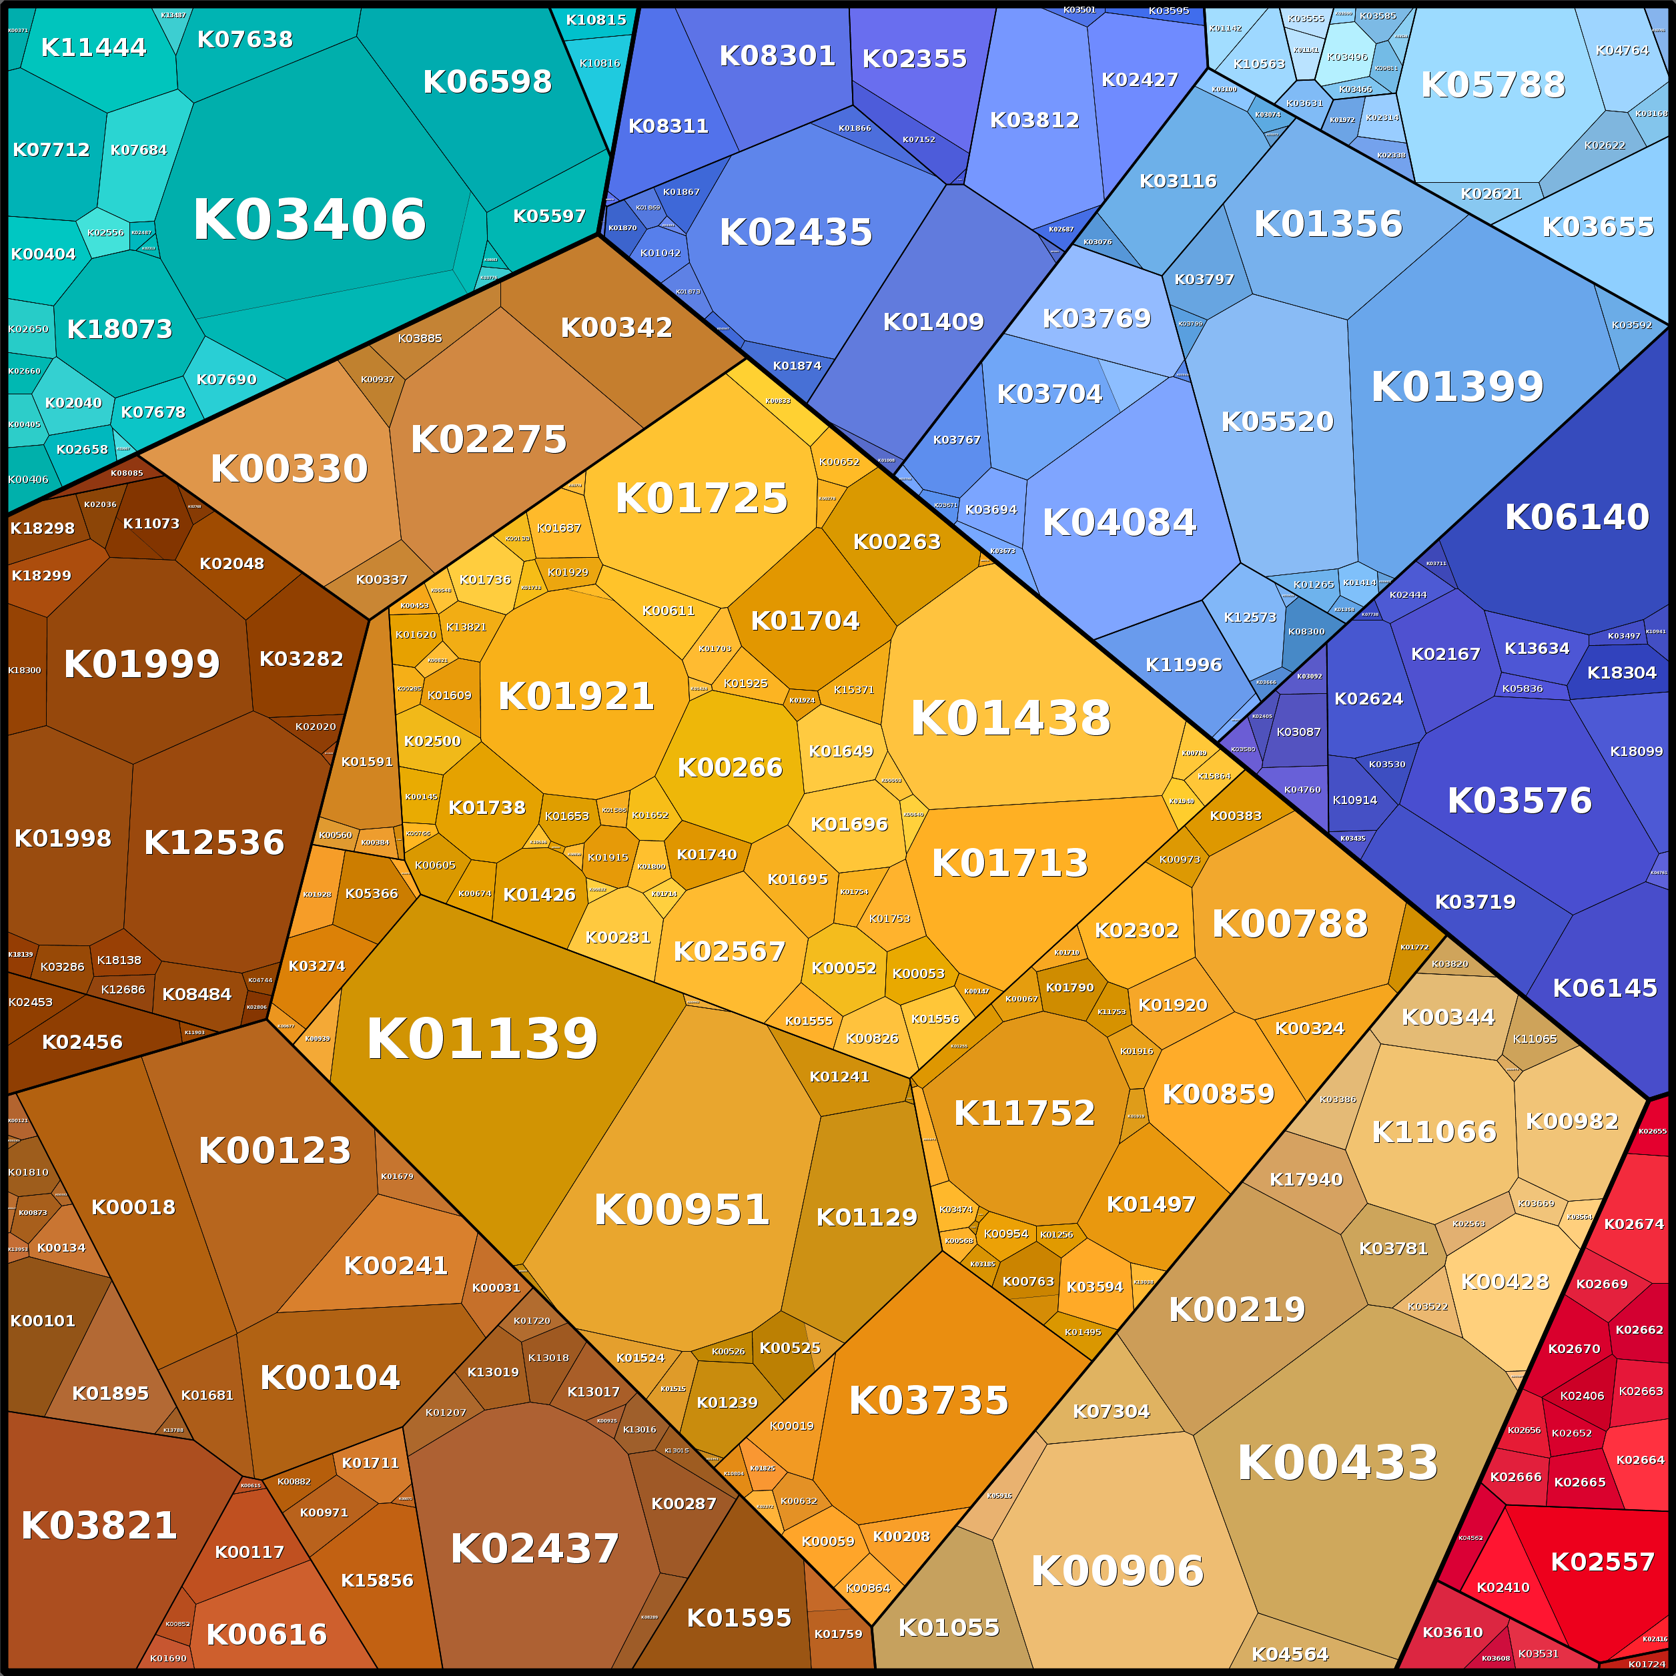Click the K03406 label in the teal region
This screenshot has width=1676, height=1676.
click(x=309, y=220)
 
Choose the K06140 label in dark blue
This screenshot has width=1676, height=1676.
click(x=1576, y=517)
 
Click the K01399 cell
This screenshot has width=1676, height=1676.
click(x=1457, y=387)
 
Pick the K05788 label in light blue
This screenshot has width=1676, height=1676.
click(x=1492, y=85)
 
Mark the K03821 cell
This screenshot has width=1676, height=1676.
click(x=99, y=1526)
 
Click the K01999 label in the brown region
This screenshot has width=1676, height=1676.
click(x=141, y=665)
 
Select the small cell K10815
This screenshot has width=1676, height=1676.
click(x=596, y=20)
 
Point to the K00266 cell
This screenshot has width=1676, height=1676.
click(x=729, y=768)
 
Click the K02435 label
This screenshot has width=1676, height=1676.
click(x=795, y=232)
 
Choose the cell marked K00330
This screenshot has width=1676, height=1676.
click(x=289, y=468)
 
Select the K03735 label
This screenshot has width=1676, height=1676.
click(x=928, y=1401)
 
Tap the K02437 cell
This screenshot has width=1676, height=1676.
click(x=534, y=1549)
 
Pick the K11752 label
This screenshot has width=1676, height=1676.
click(x=1025, y=1113)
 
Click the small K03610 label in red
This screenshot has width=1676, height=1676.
click(x=1452, y=1633)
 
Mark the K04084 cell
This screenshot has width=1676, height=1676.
click(x=1119, y=523)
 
